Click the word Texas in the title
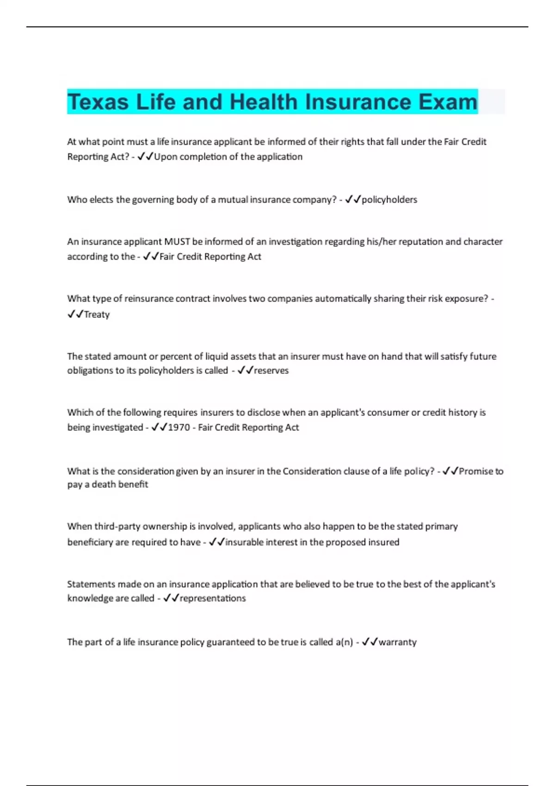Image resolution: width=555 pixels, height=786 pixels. pyautogui.click(x=98, y=102)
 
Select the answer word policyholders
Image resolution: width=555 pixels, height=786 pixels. pyautogui.click(x=389, y=200)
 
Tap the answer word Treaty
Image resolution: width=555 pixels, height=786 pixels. pyautogui.click(x=97, y=314)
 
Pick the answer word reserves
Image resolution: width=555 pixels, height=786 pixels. pyautogui.click(x=271, y=370)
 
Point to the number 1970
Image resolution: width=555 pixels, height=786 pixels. pyautogui.click(x=179, y=428)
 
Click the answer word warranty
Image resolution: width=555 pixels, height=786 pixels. pyautogui.click(x=397, y=642)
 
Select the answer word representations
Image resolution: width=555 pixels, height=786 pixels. pyautogui.click(x=212, y=598)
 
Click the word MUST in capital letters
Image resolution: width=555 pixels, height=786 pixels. pyautogui.click(x=177, y=242)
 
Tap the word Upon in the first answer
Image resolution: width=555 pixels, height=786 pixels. pyautogui.click(x=166, y=157)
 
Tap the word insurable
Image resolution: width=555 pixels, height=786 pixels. pyautogui.click(x=243, y=542)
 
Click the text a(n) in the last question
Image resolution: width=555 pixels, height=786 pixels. pyautogui.click(x=344, y=642)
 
